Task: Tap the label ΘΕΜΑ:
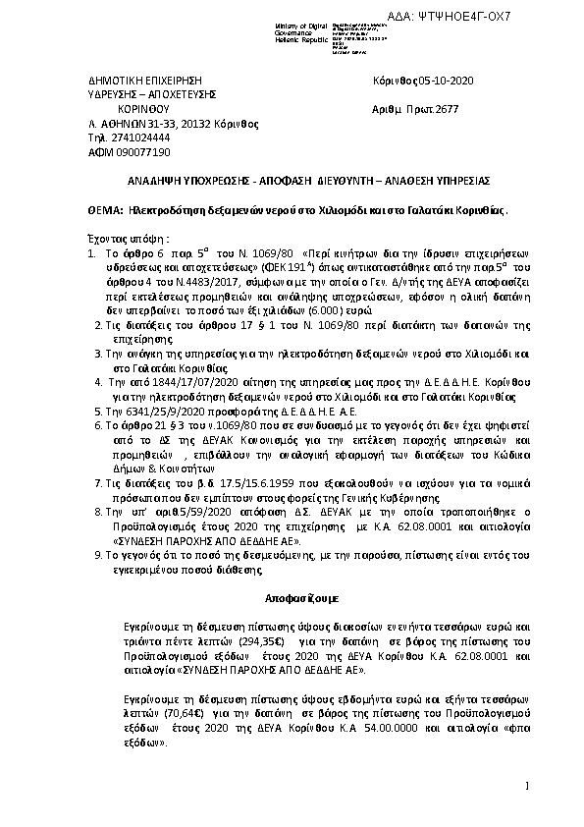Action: click(x=93, y=210)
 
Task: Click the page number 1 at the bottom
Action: click(x=528, y=784)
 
